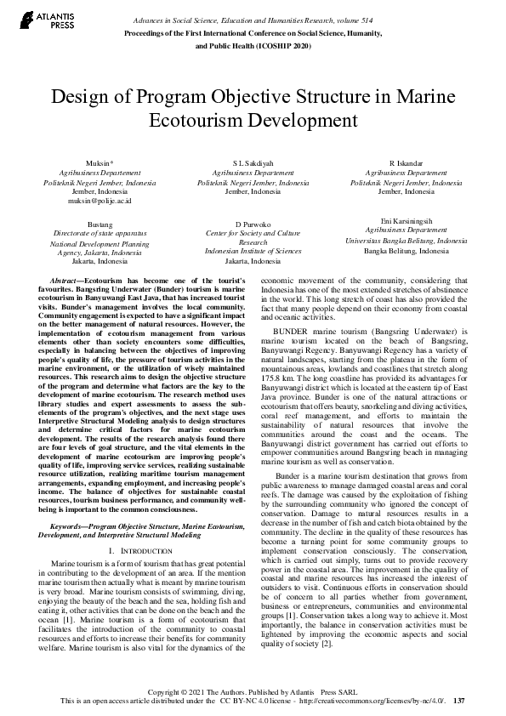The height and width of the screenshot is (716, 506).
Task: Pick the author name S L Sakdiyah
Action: [253, 162]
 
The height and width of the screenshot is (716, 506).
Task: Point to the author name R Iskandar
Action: [406, 162]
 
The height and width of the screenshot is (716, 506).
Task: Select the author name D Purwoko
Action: [253, 223]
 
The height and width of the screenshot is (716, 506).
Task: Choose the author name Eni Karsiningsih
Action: [405, 220]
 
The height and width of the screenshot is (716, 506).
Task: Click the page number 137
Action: [459, 701]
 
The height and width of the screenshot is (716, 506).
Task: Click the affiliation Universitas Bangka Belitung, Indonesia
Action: [405, 241]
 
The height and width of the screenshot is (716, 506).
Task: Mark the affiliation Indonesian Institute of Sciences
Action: [253, 252]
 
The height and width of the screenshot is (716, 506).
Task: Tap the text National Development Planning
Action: [99, 242]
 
